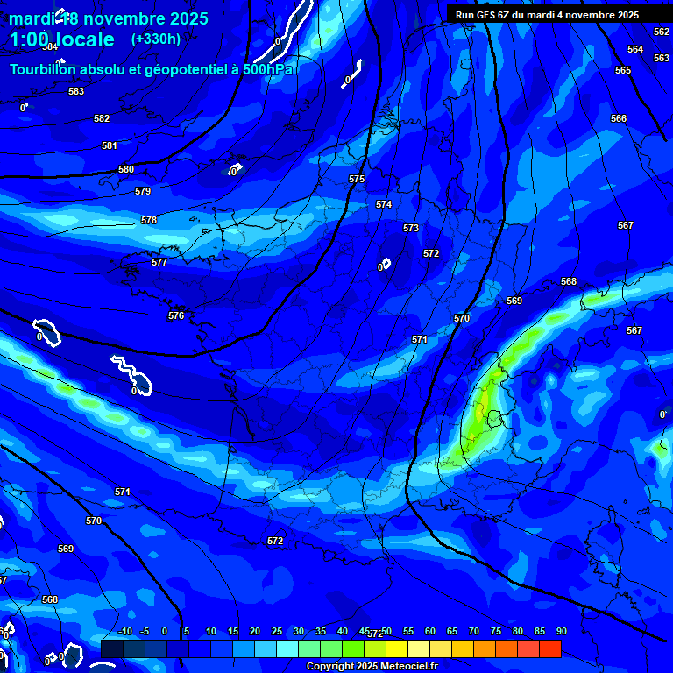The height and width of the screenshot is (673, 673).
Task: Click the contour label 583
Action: pos(76,91)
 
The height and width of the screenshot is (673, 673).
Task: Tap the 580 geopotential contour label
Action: pos(126,169)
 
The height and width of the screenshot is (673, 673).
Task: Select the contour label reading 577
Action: pos(159,262)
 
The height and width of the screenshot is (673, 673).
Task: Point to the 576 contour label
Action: pos(176,315)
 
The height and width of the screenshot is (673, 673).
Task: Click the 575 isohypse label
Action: pos(357,179)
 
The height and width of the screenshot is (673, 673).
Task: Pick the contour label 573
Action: pos(411,228)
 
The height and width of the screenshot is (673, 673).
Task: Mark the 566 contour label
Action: pos(619,118)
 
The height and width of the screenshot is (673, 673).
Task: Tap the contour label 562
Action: pos(662,32)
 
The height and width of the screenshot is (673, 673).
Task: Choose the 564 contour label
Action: pos(635,49)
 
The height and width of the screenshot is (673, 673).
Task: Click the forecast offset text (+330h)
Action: pos(156,39)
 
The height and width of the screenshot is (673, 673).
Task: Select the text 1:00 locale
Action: pos(61,39)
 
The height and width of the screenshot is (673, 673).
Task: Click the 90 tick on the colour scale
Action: pos(561,631)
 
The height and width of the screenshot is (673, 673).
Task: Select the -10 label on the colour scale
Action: pos(124,631)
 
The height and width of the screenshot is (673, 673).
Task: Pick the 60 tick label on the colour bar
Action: pos(429,631)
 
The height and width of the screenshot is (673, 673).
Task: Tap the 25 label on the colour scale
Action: pos(277,631)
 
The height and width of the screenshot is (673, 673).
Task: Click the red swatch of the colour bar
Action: pos(549,648)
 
